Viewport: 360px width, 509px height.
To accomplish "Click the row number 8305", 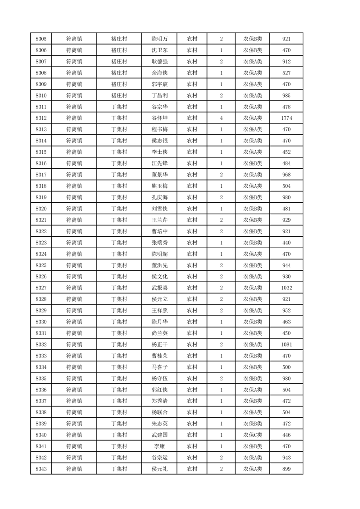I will click(40, 39).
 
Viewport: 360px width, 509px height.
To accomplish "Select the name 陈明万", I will click(159, 39).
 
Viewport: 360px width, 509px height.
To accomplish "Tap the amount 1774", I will click(286, 118).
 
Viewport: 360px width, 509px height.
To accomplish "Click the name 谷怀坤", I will click(159, 118).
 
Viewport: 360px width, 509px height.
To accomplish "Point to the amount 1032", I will click(286, 288).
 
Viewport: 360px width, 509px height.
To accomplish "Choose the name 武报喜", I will click(159, 288).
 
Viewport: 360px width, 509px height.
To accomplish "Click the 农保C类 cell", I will click(252, 435).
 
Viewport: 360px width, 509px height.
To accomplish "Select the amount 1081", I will click(286, 344).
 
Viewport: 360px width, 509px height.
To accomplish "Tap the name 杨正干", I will click(159, 344).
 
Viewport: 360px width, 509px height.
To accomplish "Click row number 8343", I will click(40, 469).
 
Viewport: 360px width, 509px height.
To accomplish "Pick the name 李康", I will click(159, 446).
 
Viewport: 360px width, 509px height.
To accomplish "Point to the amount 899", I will click(286, 469).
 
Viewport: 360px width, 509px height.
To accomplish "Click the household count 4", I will click(221, 118).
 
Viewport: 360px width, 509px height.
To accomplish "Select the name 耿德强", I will click(159, 62).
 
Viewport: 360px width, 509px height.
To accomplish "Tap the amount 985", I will click(286, 95).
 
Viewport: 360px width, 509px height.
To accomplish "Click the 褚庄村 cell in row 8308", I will click(119, 73).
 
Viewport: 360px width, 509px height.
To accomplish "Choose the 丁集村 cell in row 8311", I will click(119, 107).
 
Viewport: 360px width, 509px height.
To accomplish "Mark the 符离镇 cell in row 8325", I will click(74, 265).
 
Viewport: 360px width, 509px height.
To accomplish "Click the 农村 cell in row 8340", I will click(192, 435).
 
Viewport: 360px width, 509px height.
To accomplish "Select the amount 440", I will click(286, 242).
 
